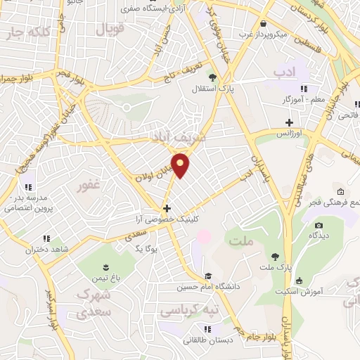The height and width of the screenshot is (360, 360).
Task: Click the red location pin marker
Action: pyautogui.click(x=181, y=165)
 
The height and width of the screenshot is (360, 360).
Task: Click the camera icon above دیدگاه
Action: pyautogui.click(x=319, y=226)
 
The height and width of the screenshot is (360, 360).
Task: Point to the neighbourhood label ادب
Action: pyautogui.click(x=285, y=72)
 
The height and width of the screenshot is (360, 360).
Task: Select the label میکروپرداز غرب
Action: pyautogui.click(x=263, y=33)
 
